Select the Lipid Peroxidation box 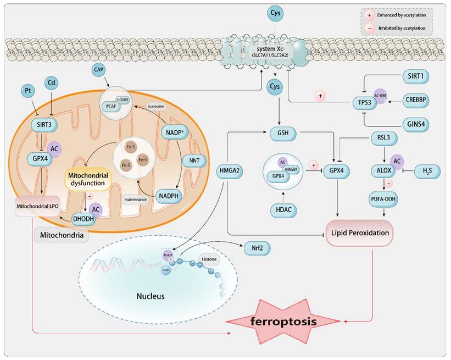pos(360,232)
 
